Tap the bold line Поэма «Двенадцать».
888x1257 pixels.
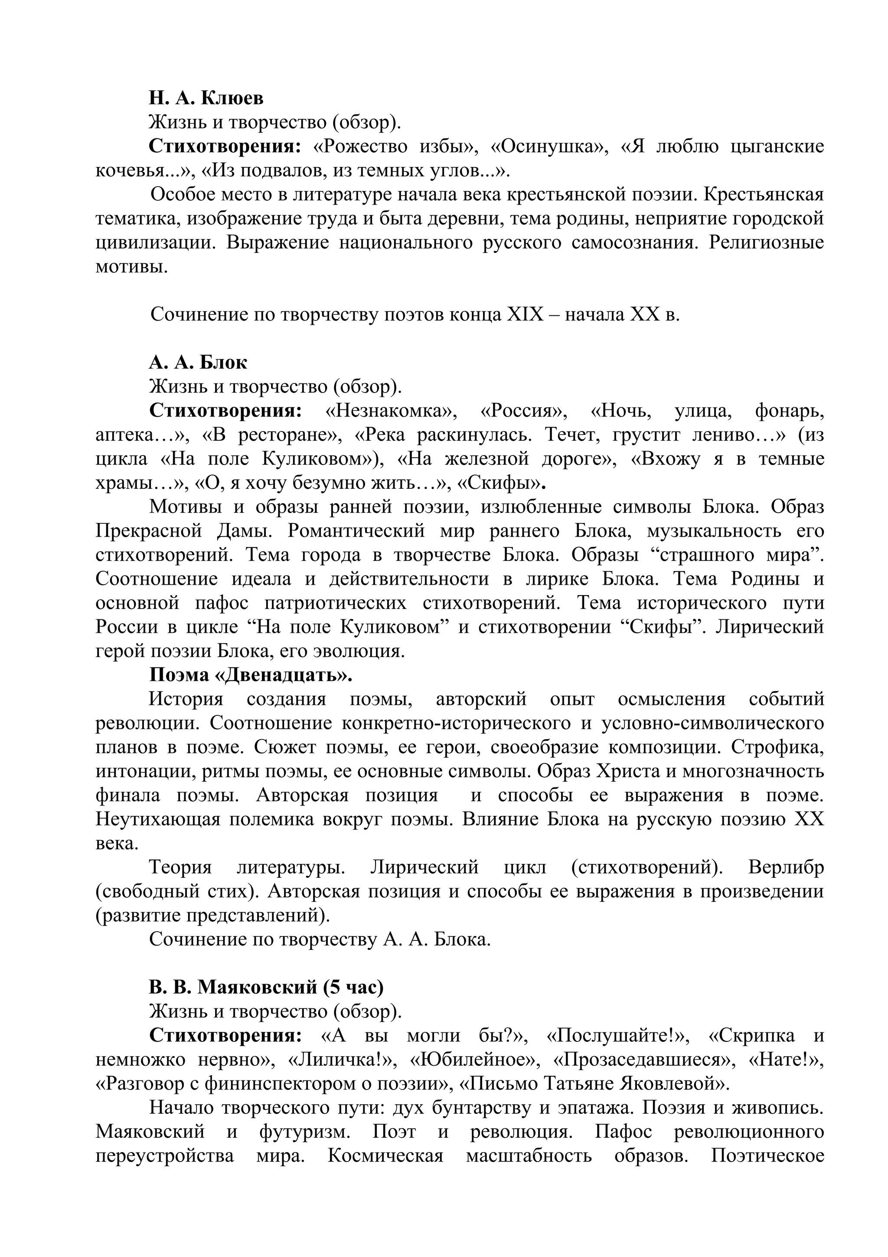tap(251, 675)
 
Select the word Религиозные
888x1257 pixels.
tap(766, 242)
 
